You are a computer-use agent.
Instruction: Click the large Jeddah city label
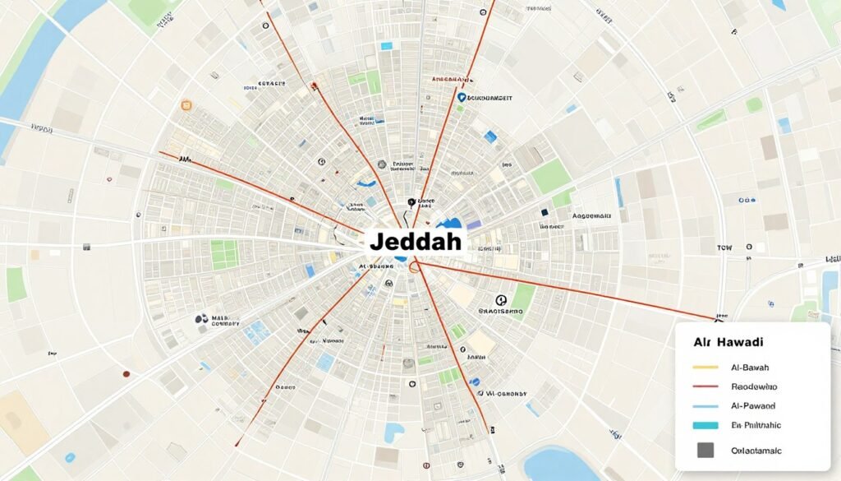pos(415,242)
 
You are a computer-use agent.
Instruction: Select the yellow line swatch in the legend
pos(705,367)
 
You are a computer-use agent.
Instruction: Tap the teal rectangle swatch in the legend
pos(705,425)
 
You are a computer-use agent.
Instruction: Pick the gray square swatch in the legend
pos(705,450)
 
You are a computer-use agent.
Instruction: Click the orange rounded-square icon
pos(186,106)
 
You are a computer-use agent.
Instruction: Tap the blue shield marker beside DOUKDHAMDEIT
pos(461,97)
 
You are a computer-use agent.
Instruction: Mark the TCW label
pos(724,247)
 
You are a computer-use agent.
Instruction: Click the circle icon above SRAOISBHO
pos(501,301)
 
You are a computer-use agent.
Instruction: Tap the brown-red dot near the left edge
pos(126,374)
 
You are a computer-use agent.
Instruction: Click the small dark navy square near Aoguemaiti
pos(544,213)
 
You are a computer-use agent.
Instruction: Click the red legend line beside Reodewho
pos(705,386)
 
